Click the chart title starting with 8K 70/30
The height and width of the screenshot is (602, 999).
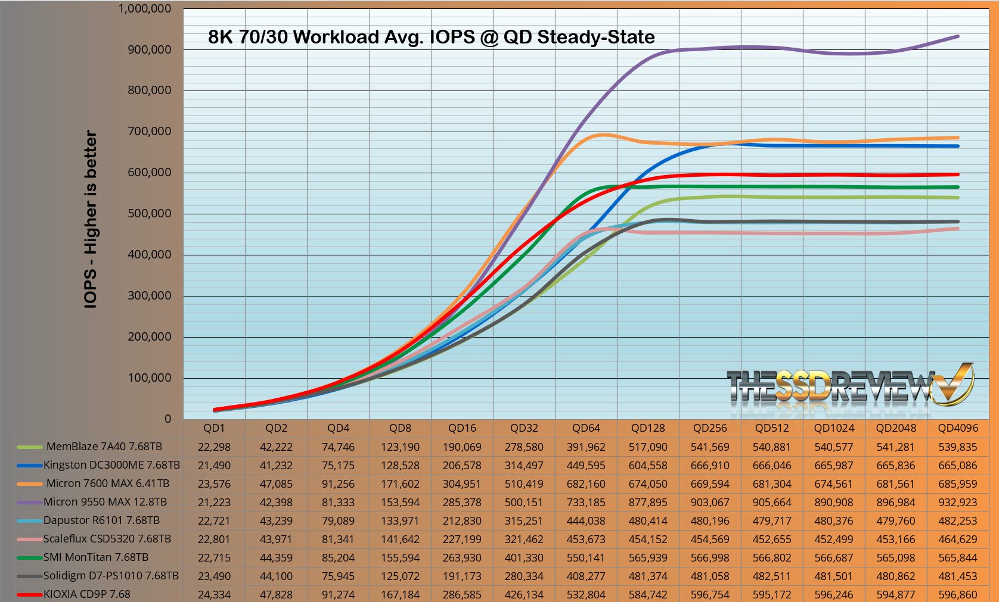tap(432, 37)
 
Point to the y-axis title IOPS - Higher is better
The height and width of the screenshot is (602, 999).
tap(91, 219)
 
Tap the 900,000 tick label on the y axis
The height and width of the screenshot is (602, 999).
tap(150, 49)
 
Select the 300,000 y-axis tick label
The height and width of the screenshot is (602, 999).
tap(150, 295)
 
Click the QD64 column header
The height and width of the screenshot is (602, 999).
tap(586, 428)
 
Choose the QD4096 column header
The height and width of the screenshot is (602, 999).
tap(958, 428)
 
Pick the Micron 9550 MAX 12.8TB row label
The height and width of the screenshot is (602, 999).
tap(106, 502)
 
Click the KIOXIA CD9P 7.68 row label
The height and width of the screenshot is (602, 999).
tap(87, 594)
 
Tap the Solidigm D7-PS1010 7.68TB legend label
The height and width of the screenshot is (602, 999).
tap(111, 576)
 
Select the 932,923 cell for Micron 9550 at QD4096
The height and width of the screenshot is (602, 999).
tap(958, 502)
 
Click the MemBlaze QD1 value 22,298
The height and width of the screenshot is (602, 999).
tap(214, 447)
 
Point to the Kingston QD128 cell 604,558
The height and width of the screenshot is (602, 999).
tap(648, 466)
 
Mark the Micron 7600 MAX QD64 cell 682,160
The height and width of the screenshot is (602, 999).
tap(586, 484)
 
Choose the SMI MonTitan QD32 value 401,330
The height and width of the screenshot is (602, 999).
tap(524, 558)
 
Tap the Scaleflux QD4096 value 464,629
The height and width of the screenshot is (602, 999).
tap(958, 539)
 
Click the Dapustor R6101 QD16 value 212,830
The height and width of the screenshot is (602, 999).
tap(462, 521)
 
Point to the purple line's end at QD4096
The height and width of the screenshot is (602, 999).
tap(958, 36)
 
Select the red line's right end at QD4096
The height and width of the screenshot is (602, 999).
tap(958, 174)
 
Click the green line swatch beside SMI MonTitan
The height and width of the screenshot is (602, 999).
tap(29, 557)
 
